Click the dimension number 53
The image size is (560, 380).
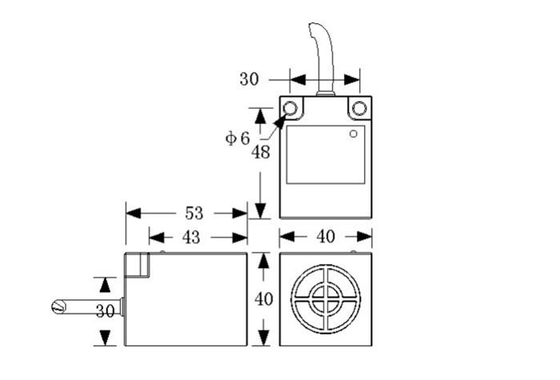pos(194,214)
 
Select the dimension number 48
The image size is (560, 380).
pos(260,152)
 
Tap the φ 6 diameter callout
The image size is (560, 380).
pos(238,138)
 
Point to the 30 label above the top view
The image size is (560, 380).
pos(250,79)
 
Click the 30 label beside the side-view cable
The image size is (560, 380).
pos(105,312)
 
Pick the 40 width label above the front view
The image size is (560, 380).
pos(325,237)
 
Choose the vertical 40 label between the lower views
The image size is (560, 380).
pos(263,299)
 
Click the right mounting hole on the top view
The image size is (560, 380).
pos(359,108)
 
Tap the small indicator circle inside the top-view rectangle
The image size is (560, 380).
pos(353,134)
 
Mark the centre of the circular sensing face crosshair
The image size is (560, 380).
pos(325,300)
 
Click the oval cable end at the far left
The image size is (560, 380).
pos(57,306)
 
